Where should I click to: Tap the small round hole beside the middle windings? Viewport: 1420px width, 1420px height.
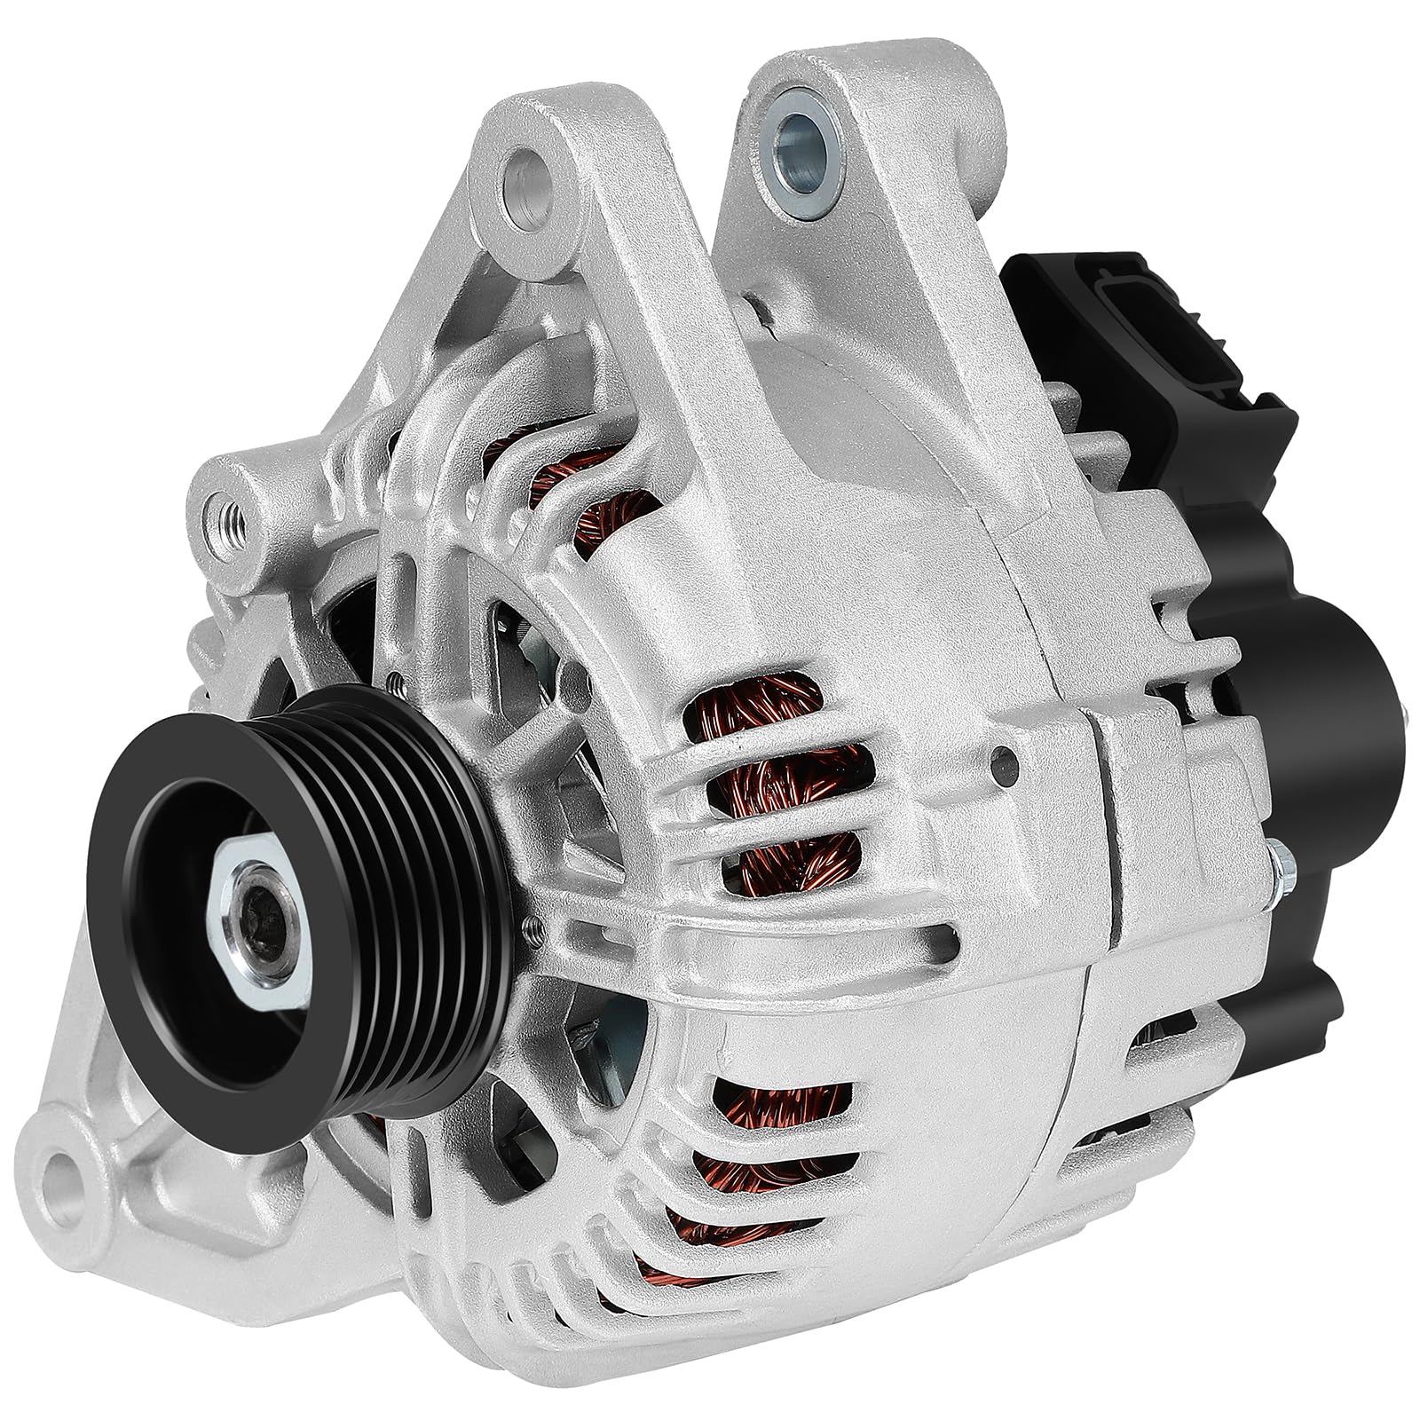pyautogui.click(x=1003, y=759)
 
